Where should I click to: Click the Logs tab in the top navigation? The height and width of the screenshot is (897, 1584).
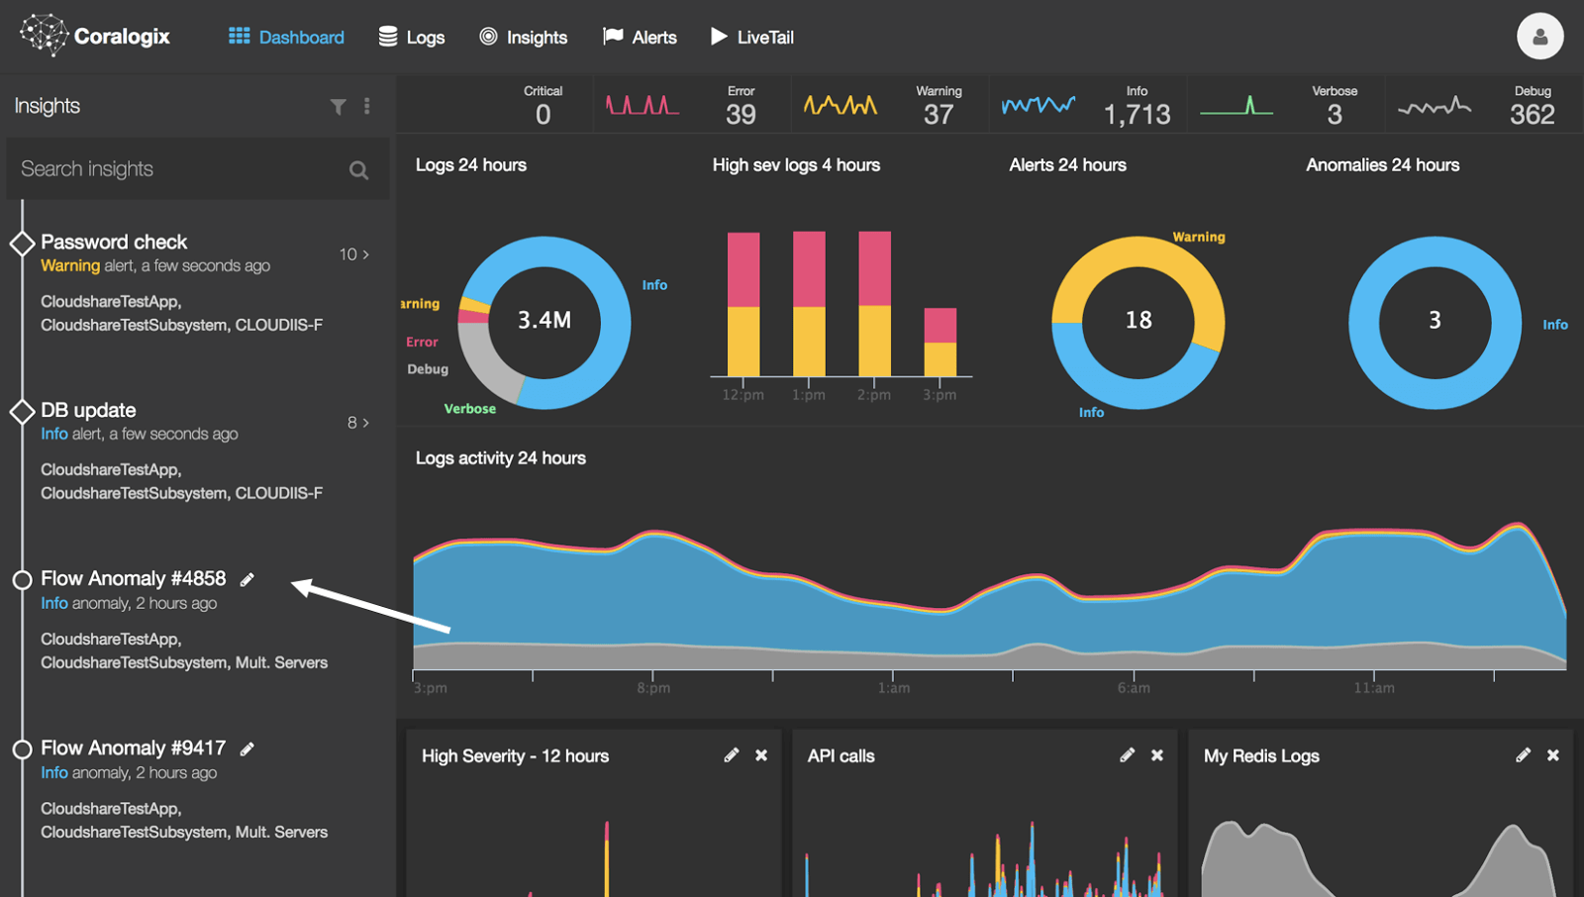pos(412,38)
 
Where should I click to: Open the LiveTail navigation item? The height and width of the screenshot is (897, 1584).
pos(752,38)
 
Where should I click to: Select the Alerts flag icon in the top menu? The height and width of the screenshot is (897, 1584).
pos(613,37)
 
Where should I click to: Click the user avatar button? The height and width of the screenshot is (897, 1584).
pos(1539,38)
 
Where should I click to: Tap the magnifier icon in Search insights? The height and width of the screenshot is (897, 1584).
pos(358,170)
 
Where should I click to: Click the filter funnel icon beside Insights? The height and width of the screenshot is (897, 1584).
pos(339,107)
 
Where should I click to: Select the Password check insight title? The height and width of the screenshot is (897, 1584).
pos(114,242)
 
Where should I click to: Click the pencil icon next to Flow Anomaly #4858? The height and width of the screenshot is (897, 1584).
pos(247,579)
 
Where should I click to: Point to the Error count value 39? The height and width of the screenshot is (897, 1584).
pos(741,115)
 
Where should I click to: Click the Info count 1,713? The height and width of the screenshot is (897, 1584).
pos(1137,115)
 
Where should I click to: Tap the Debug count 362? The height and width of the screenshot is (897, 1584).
pos(1532,115)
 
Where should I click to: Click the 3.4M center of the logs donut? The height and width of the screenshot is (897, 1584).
pos(544,320)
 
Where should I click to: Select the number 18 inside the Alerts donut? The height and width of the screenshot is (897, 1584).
pos(1138,320)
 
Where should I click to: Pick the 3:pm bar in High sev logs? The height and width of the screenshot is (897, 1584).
pos(940,343)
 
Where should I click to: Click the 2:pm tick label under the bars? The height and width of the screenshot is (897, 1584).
pos(874,395)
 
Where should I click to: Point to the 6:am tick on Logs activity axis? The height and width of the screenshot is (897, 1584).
pos(1134,688)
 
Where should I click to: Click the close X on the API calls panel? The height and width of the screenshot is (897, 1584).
pos(1157,755)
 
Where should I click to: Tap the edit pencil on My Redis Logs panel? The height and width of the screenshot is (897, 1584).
pos(1523,755)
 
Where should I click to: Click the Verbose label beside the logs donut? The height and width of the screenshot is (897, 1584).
pos(469,409)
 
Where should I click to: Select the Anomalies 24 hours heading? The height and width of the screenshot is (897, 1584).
pos(1382,165)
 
